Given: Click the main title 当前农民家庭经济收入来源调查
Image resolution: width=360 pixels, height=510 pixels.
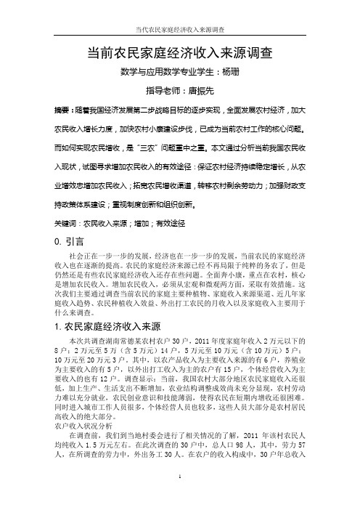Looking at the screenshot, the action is pos(179,52).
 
